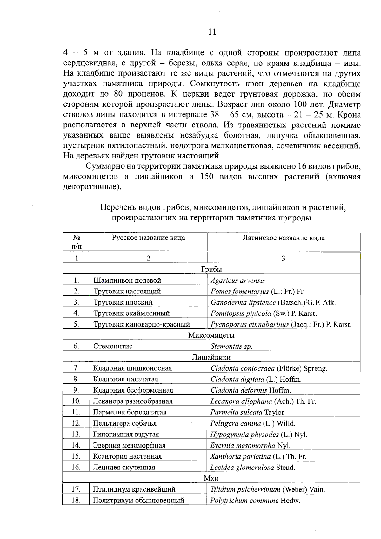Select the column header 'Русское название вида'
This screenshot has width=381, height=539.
[148, 238]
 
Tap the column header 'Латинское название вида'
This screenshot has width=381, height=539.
[283, 238]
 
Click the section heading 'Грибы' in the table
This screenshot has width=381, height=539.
[211, 269]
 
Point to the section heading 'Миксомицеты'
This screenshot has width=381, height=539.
[211, 335]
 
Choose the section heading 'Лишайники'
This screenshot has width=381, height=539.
[211, 357]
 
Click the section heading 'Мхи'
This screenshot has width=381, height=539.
[211, 478]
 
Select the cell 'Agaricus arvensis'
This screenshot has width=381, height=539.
[237, 280]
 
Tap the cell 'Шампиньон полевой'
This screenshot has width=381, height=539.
[127, 280]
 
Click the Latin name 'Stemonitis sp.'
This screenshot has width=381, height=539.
[231, 346]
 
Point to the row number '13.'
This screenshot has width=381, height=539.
[76, 434]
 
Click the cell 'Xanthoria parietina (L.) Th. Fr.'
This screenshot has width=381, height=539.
[258, 456]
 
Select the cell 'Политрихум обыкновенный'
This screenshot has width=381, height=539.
[138, 501]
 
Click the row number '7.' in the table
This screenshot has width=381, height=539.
[76, 368]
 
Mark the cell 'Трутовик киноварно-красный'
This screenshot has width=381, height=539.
[142, 324]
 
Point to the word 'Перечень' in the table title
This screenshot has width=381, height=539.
[118, 208]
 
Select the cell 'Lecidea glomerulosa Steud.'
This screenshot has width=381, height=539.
[252, 468]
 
